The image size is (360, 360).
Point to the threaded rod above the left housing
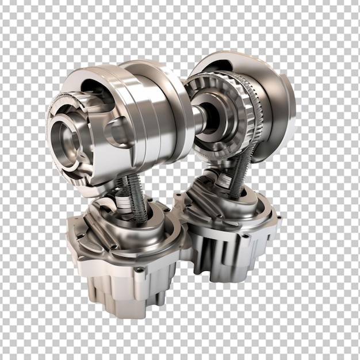[x=136, y=199]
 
